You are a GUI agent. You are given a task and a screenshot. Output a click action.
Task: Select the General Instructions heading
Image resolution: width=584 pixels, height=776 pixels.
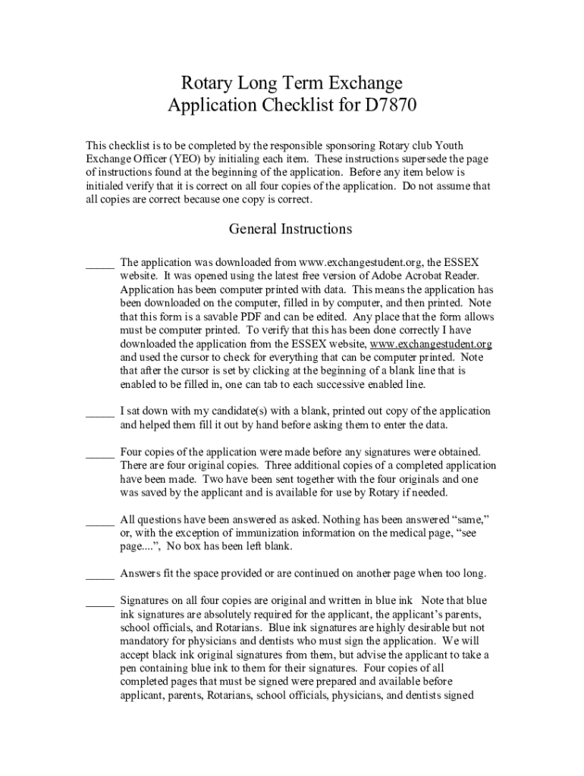290,228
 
